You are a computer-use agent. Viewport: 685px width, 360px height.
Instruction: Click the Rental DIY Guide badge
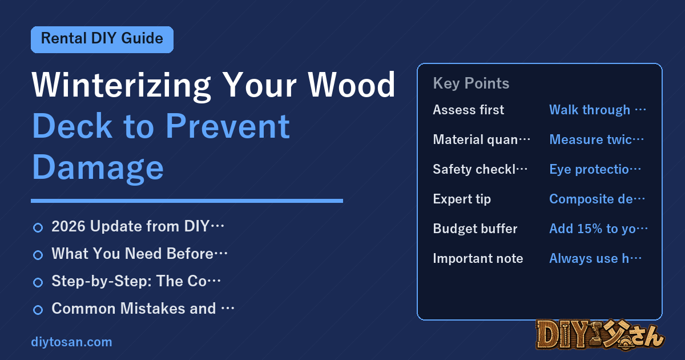102,39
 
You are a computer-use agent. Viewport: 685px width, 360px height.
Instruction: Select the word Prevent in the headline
228,126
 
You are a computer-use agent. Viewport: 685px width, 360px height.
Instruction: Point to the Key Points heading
471,83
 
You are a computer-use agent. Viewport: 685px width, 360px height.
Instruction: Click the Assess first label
469,110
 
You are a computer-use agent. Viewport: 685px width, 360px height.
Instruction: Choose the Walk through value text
598,110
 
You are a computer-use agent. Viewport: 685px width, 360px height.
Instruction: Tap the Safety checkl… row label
480,169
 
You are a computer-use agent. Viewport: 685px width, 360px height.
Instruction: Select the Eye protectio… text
595,169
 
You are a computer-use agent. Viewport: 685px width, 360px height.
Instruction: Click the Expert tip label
462,199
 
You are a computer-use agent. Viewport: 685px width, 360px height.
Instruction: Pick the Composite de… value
597,199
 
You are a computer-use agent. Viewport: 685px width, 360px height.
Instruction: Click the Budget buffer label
475,229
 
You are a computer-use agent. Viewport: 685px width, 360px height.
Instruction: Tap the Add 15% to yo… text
598,229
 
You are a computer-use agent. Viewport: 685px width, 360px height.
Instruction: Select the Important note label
478,258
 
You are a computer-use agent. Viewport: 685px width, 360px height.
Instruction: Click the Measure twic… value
597,139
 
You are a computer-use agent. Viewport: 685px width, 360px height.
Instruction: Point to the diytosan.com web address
71,342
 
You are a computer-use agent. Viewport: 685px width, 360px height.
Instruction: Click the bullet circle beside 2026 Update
38,228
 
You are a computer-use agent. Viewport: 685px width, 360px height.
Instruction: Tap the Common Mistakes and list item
143,309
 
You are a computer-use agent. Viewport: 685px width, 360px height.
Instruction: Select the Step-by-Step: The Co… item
136,281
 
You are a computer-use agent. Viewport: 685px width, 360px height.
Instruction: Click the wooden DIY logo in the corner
600,335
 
